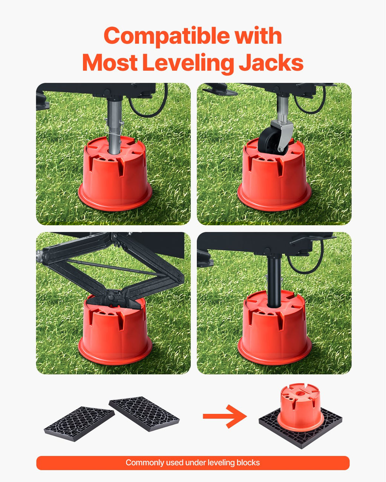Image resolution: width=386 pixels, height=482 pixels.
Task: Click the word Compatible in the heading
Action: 167,36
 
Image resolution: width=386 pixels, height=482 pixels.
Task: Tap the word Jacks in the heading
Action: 271,63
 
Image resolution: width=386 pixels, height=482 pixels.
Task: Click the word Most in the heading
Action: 110,63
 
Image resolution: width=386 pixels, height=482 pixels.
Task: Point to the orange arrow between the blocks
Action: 225,416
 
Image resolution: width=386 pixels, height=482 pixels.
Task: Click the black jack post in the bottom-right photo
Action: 274,282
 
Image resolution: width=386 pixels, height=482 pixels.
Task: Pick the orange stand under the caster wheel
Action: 274,175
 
